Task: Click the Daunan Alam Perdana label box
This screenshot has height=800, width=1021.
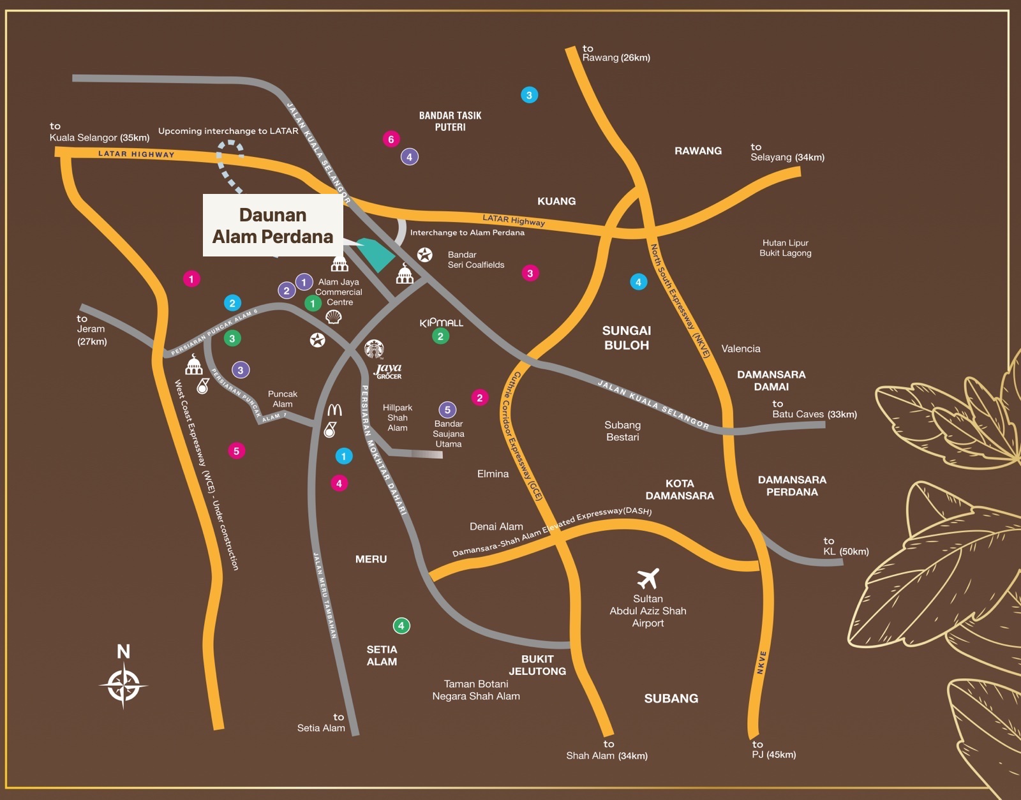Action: [272, 225]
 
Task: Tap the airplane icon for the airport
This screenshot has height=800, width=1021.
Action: [648, 578]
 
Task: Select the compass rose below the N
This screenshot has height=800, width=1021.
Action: [123, 685]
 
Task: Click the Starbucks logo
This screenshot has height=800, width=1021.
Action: [374, 349]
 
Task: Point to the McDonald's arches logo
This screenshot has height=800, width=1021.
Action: [334, 410]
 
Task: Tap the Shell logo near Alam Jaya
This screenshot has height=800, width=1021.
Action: [334, 317]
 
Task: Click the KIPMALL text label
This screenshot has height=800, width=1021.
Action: [441, 323]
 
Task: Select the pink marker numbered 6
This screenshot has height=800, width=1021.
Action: [391, 139]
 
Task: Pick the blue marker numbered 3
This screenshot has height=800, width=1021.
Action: [529, 95]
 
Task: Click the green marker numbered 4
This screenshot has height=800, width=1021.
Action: [401, 626]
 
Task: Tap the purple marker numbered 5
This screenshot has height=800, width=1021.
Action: [447, 410]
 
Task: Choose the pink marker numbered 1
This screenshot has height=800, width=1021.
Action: [191, 279]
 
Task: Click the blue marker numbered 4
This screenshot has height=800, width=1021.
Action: [638, 283]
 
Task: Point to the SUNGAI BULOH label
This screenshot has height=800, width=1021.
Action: [627, 337]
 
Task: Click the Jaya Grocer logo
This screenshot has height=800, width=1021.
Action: [388, 371]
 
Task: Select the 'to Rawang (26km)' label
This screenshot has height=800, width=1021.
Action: [616, 53]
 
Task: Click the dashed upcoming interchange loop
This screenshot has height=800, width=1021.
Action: [229, 165]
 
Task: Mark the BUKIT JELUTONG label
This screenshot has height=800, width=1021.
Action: [537, 665]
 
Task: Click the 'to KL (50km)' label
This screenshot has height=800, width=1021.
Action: [846, 546]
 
